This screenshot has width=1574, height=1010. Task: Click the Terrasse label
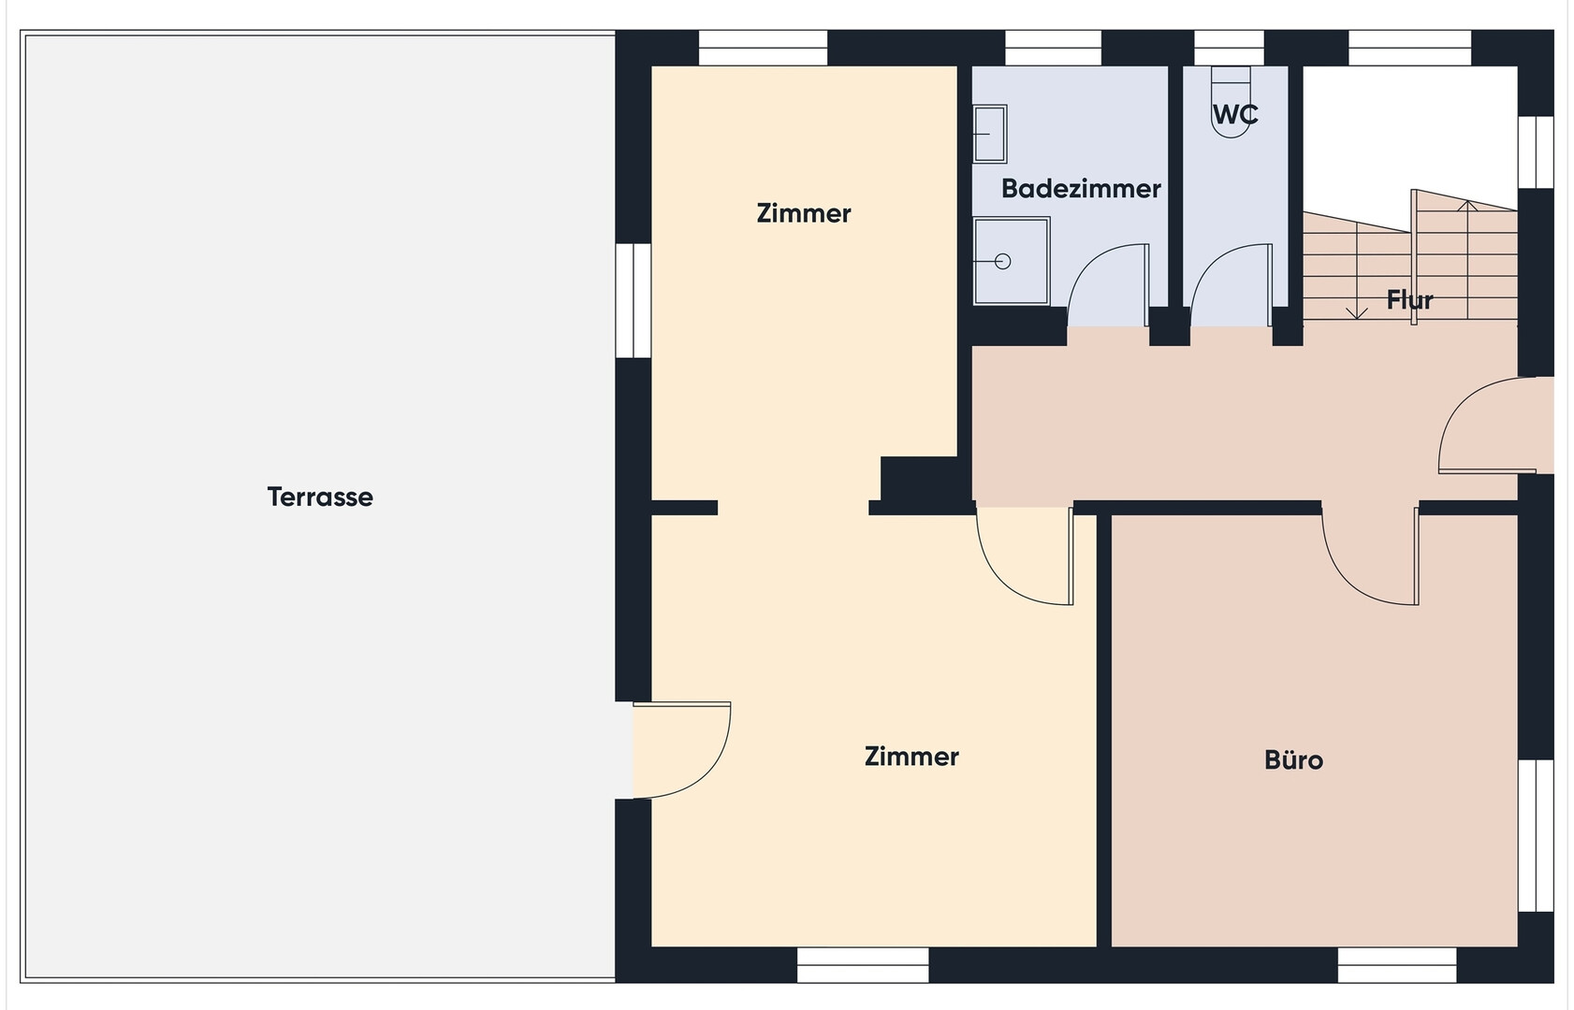tap(320, 498)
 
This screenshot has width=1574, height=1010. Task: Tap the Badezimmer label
tap(1081, 189)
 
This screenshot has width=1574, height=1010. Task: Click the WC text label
tap(1235, 114)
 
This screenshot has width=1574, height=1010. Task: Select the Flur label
tap(1409, 300)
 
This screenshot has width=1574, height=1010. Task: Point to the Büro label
tap(1293, 760)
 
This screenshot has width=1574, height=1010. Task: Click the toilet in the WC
tap(1231, 102)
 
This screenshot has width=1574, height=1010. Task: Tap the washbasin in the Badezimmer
tap(990, 134)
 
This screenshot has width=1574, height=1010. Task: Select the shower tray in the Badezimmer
tap(1012, 261)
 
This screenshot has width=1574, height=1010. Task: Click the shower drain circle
tap(1003, 261)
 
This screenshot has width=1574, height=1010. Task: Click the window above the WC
tap(1229, 48)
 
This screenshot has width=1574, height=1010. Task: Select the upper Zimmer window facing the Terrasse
tap(634, 300)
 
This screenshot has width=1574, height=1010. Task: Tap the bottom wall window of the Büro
tap(1397, 965)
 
